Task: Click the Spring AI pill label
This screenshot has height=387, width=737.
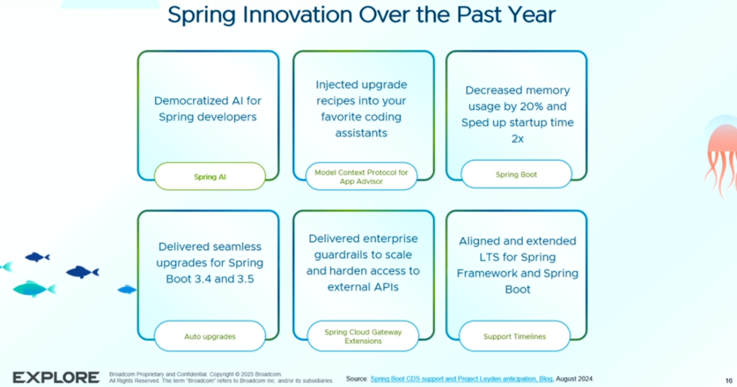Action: [210, 176]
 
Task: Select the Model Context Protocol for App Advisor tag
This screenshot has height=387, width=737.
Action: [361, 176]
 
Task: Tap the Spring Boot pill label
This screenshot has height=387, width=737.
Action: [517, 174]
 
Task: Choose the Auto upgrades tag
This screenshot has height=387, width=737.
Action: [210, 336]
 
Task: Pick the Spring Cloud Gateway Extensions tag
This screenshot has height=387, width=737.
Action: [363, 336]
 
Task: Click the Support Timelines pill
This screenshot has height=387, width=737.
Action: [515, 336]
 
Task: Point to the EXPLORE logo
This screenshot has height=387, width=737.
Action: [56, 377]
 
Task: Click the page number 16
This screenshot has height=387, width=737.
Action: [729, 380]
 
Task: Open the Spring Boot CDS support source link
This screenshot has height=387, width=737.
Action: [462, 379]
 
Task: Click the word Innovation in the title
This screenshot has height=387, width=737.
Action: [297, 15]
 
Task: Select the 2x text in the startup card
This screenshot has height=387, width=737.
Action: [518, 139]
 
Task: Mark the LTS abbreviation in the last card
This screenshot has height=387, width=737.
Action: [489, 257]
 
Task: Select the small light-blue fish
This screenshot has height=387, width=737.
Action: [127, 289]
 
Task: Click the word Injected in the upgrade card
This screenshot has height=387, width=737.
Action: [335, 85]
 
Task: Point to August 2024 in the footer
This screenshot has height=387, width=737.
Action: [574, 379]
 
